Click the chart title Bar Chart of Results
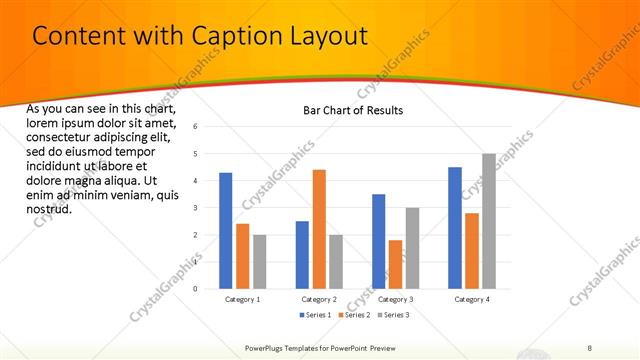tap(353, 110)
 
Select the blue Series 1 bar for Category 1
tap(226, 231)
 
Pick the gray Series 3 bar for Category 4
tap(488, 221)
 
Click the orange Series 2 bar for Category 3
tap(395, 264)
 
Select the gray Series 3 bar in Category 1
tap(260, 262)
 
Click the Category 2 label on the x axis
tap(319, 299)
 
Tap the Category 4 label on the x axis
tap(471, 299)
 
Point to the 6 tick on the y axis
tap(196, 127)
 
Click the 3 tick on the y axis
tap(196, 208)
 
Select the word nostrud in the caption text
tap(48, 209)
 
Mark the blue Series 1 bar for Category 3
tap(378, 241)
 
